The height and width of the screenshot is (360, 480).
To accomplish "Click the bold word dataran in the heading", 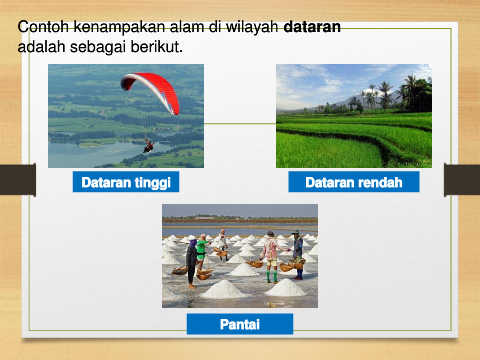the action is [312, 27].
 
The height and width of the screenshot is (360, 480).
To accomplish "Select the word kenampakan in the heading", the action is [119, 27].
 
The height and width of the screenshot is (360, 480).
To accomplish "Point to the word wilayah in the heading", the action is [252, 27].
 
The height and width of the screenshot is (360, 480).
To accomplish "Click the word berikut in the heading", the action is [157, 47].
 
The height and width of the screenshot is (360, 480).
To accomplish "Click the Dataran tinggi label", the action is [126, 182].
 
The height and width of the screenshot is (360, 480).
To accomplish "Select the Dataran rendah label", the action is [354, 182].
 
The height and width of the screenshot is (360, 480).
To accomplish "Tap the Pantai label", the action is [240, 324].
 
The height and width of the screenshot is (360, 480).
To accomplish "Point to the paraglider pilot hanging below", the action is [149, 146].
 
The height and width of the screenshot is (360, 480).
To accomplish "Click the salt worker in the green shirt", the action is [201, 250].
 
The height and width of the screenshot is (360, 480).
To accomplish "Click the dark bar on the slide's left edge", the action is [18, 179].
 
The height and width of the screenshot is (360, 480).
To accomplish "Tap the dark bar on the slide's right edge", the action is [462, 179].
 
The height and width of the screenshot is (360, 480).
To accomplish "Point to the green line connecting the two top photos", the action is [240, 123].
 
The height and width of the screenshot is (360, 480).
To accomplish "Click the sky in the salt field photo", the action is [240, 211].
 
